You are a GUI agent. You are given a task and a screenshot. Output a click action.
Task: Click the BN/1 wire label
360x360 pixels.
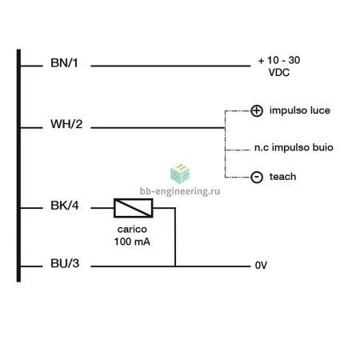(64, 63)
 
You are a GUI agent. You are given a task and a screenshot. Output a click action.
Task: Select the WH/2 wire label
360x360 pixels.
(66, 124)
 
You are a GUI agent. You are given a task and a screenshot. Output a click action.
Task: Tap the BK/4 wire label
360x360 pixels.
(65, 206)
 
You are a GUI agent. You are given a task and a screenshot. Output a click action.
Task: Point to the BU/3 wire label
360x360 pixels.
(65, 263)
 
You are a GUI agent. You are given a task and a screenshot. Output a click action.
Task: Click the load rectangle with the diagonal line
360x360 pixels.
(134, 208)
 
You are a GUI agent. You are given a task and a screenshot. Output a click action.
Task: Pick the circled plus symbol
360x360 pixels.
(257, 110)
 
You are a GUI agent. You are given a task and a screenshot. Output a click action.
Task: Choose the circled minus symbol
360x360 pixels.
(257, 177)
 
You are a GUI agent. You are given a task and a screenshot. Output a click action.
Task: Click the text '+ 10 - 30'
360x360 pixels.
(279, 60)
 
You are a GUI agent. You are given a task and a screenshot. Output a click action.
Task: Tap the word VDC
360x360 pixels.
(279, 73)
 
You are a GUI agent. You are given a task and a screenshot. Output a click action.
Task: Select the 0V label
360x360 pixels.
(261, 266)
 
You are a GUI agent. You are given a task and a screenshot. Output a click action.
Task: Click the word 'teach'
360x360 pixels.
(282, 177)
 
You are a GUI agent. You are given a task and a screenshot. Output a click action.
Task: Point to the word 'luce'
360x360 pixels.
(320, 110)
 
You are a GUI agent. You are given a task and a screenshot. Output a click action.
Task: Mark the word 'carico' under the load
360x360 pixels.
(132, 230)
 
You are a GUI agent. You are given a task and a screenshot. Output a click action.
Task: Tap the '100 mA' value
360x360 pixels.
(132, 242)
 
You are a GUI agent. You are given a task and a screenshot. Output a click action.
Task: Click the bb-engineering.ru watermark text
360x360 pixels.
(180, 191)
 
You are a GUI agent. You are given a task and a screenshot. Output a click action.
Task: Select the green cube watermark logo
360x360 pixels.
(180, 174)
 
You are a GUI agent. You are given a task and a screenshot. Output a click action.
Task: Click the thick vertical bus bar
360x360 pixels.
(18, 166)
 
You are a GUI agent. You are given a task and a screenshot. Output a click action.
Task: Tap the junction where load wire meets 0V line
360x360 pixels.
(175, 266)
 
